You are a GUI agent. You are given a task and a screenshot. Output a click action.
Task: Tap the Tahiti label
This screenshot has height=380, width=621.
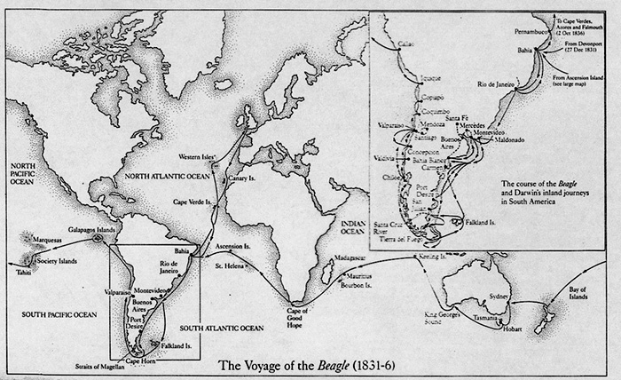[x=18, y=274]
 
